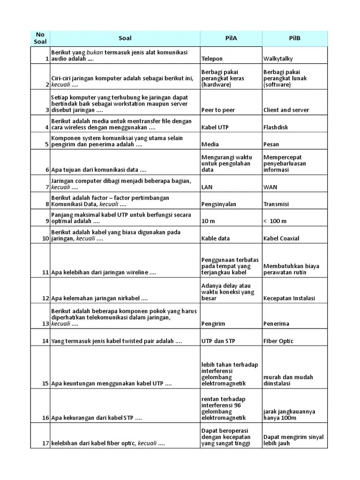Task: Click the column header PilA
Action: (x=231, y=38)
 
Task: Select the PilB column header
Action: (x=294, y=38)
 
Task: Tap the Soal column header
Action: (x=125, y=38)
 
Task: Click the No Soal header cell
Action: (x=40, y=38)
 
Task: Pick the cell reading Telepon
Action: (x=212, y=59)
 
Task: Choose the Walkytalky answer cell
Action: (x=278, y=59)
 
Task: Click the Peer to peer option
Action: (x=218, y=110)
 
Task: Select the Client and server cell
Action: (x=286, y=110)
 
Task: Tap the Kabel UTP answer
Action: (x=215, y=127)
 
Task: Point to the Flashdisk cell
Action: (x=276, y=127)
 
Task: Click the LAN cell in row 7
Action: (x=207, y=187)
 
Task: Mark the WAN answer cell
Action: (x=270, y=187)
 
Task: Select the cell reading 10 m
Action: (x=209, y=221)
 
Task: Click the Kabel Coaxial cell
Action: (x=281, y=239)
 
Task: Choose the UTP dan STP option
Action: (x=217, y=341)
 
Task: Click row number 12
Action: (x=45, y=299)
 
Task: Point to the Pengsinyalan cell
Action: (x=218, y=204)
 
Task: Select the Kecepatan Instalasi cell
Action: (x=289, y=299)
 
